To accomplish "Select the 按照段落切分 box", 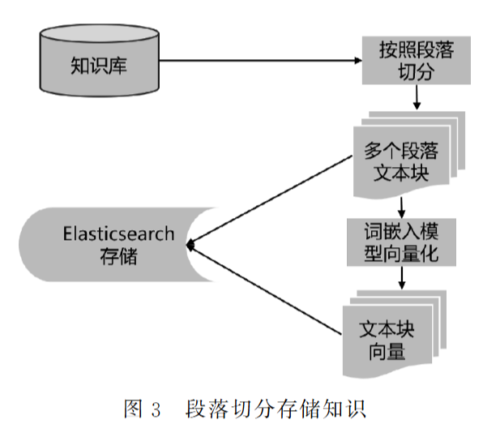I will tap(416, 61).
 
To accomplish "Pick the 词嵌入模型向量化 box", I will tap(403, 242).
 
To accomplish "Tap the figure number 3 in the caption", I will tap(156, 409).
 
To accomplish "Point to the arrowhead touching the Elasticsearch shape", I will tap(191, 244).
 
